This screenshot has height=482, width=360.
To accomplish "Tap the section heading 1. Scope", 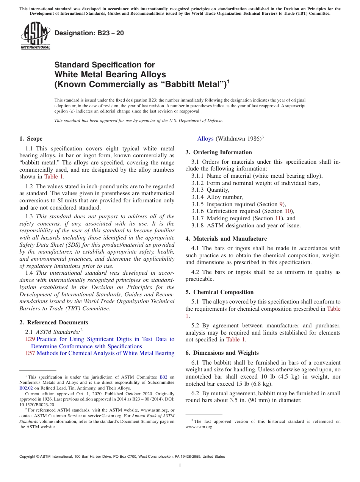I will (x=31, y=139).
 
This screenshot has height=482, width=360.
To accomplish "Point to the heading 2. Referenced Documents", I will (x=54, y=322).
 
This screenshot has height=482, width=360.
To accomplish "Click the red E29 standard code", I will (x=30, y=339).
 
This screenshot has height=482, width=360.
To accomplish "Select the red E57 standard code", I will (x=30, y=353).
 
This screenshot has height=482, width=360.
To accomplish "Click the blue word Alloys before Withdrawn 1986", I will (x=205, y=139).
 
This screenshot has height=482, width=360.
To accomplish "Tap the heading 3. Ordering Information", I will (x=219, y=152).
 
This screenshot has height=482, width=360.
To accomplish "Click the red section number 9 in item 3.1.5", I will (x=281, y=204).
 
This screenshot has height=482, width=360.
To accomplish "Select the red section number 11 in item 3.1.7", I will (x=278, y=218).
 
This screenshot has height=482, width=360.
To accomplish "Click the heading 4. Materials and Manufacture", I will (x=226, y=239).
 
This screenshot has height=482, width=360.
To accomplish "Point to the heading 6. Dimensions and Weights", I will (x=222, y=353).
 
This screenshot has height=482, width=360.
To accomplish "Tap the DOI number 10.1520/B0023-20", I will (x=38, y=404).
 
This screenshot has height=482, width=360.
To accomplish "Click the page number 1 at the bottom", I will (x=180, y=466).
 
